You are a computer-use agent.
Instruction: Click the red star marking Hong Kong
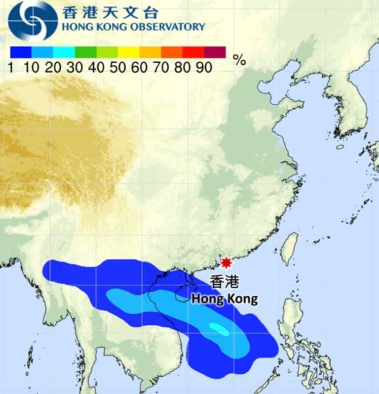pyautogui.click(x=226, y=262)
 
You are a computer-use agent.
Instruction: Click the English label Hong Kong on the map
pyautogui.click(x=225, y=299)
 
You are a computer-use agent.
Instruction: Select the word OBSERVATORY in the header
pyautogui.click(x=167, y=27)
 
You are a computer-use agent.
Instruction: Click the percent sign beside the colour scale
pyautogui.click(x=239, y=60)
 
